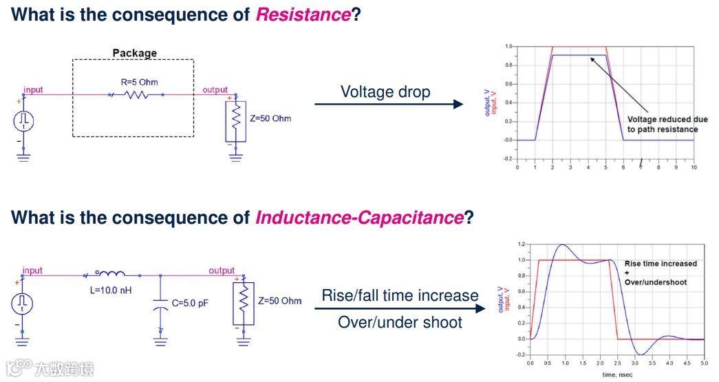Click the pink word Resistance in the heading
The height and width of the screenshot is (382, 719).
pos(303,14)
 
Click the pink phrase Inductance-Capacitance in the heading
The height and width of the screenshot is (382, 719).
pos(359,218)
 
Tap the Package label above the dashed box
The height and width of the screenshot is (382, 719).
pos(134,53)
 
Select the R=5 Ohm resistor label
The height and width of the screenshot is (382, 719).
pos(140,82)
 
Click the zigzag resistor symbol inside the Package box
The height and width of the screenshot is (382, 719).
pos(137,96)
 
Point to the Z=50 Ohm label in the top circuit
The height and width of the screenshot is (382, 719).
pos(270,118)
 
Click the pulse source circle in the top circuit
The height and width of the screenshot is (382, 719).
pos(24,121)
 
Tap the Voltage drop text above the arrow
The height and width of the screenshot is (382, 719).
pos(385,92)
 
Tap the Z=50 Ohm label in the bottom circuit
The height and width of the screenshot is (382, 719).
pos(280,301)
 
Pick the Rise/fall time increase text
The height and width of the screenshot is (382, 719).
pos(400,296)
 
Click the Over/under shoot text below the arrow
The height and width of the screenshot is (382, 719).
pos(400,322)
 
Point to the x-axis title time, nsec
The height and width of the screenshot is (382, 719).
pos(616,374)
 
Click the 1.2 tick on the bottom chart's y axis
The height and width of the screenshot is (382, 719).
pos(522,244)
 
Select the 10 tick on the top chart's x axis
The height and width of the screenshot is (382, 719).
pos(694,167)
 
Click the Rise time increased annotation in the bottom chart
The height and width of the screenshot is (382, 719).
pos(661,264)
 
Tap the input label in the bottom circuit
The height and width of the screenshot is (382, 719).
pos(32,270)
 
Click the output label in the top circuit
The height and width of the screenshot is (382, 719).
pos(215,90)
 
